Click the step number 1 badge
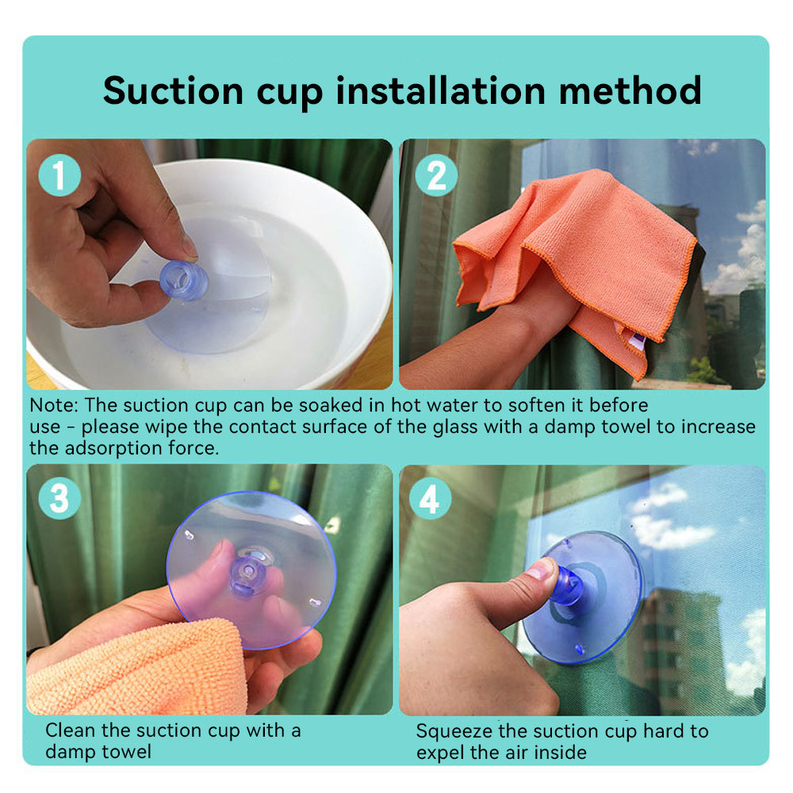click(x=59, y=175)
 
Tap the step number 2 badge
click(x=436, y=175)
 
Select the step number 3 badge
click(x=59, y=498)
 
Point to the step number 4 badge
click(x=430, y=498)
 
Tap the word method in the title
click(x=630, y=91)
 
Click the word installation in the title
click(x=440, y=91)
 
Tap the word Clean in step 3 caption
click(x=71, y=730)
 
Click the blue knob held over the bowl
click(x=184, y=281)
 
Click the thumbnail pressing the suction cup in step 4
click(x=540, y=570)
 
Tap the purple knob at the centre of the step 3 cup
click(x=247, y=576)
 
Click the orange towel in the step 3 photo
click(x=136, y=668)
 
